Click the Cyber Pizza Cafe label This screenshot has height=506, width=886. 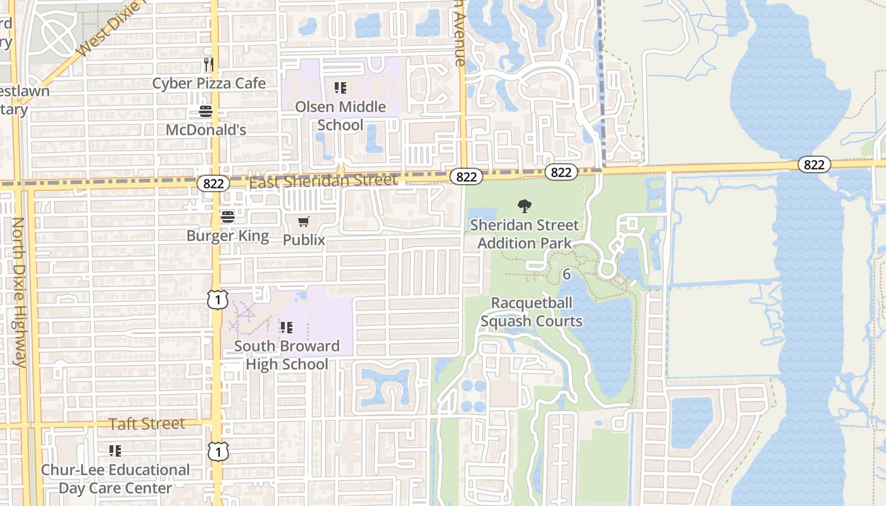click(x=209, y=83)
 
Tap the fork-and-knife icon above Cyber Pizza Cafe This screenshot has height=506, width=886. click(x=209, y=64)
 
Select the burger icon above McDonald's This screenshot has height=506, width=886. click(x=206, y=111)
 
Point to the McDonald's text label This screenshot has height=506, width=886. click(x=206, y=130)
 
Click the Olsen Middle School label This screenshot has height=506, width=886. click(x=340, y=116)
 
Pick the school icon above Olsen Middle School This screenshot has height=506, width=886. click(x=340, y=88)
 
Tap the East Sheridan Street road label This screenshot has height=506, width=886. click(x=323, y=181)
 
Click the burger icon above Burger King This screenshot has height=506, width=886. click(x=228, y=217)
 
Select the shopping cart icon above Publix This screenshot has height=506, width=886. click(x=304, y=221)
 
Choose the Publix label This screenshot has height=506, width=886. click(x=304, y=240)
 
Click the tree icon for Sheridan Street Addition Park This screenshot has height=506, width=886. click(x=524, y=206)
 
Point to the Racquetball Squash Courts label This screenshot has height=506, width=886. click(x=532, y=312)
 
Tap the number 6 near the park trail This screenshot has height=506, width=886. click(x=566, y=275)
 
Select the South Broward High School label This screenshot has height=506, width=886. click(x=287, y=355)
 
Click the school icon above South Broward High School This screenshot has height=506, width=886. click(x=287, y=327)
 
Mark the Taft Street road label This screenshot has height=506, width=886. click(x=147, y=424)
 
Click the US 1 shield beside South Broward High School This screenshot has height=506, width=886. click(x=217, y=299)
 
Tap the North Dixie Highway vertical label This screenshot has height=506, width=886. click(x=19, y=292)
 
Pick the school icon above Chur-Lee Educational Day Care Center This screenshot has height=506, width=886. click(x=115, y=451)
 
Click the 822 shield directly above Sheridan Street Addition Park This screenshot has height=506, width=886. click(x=561, y=171)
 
